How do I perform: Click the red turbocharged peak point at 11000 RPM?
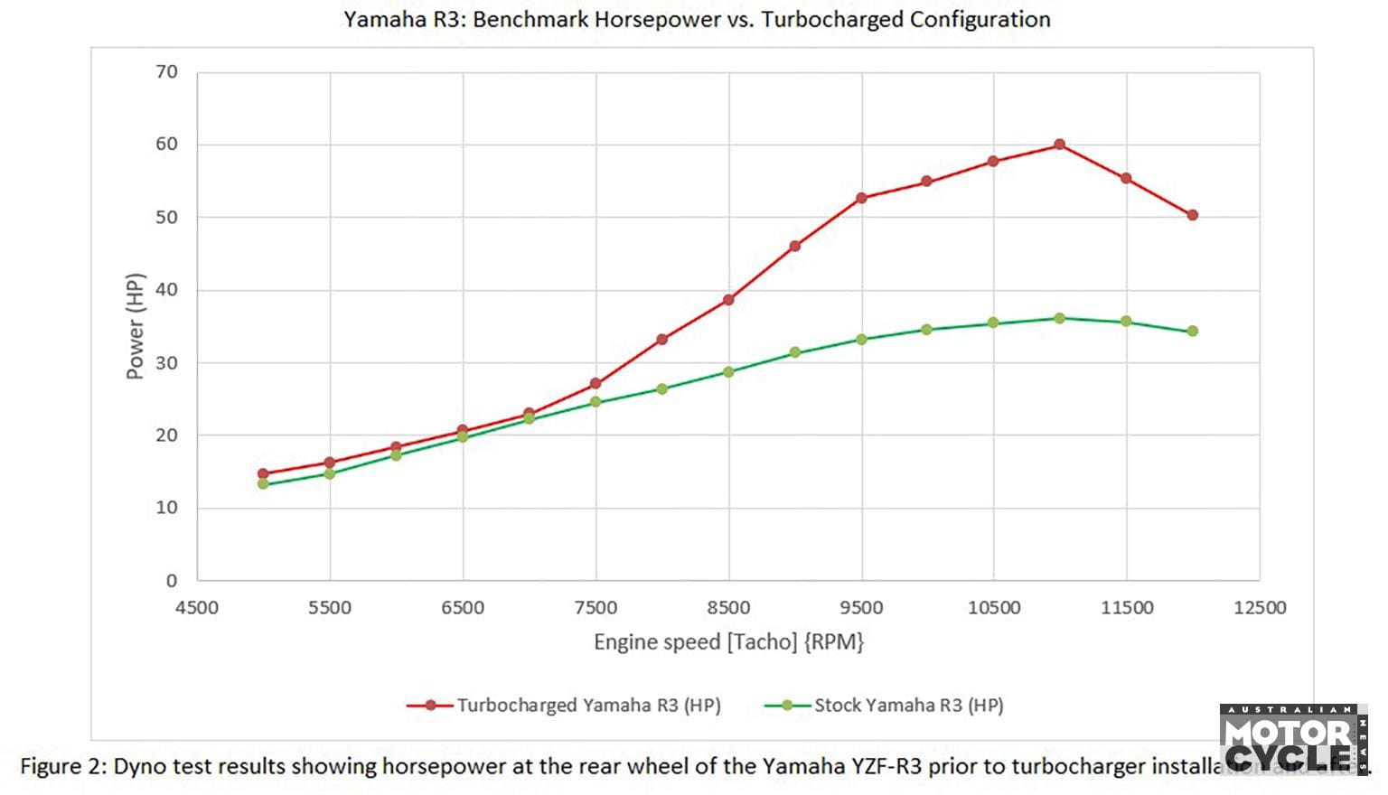(x=1059, y=145)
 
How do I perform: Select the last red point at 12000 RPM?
(x=1193, y=215)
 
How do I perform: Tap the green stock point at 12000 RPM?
(x=1193, y=331)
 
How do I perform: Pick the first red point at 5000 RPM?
(x=263, y=473)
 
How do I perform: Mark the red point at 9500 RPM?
(x=861, y=198)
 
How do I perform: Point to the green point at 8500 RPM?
(x=728, y=371)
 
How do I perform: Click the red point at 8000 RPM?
(x=662, y=340)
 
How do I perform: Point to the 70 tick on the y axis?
(x=167, y=72)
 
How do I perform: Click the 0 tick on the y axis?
(x=172, y=581)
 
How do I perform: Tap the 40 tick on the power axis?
(x=167, y=290)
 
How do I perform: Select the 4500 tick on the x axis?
(x=197, y=607)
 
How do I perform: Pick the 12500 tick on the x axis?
(x=1260, y=607)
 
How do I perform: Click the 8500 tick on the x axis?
(x=728, y=607)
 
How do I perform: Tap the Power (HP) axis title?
(x=136, y=326)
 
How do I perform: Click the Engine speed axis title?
(x=728, y=642)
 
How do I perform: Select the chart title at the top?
(x=697, y=20)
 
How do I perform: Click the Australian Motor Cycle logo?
(x=1292, y=740)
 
